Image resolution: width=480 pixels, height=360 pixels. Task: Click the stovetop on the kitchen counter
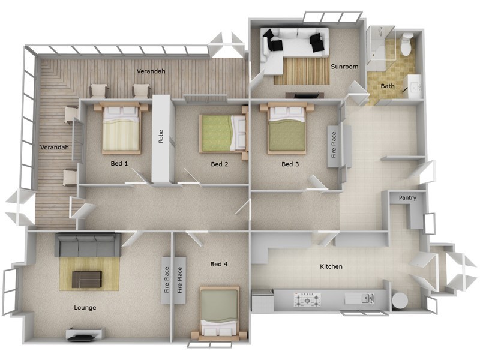click(307, 298)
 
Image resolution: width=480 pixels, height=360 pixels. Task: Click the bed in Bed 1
click(122, 128)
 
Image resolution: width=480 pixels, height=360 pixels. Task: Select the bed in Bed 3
click(287, 128)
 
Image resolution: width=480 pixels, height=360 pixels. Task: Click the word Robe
click(161, 136)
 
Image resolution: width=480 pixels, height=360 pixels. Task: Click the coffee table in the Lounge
click(86, 278)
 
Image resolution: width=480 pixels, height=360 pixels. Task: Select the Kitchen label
click(331, 266)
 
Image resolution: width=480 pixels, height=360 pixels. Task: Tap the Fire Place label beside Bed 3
click(334, 146)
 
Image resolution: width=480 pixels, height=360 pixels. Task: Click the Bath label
click(388, 86)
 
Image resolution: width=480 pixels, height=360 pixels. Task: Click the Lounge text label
click(85, 308)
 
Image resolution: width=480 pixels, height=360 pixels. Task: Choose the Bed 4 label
click(219, 264)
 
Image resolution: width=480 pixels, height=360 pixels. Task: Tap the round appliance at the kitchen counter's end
click(399, 299)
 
